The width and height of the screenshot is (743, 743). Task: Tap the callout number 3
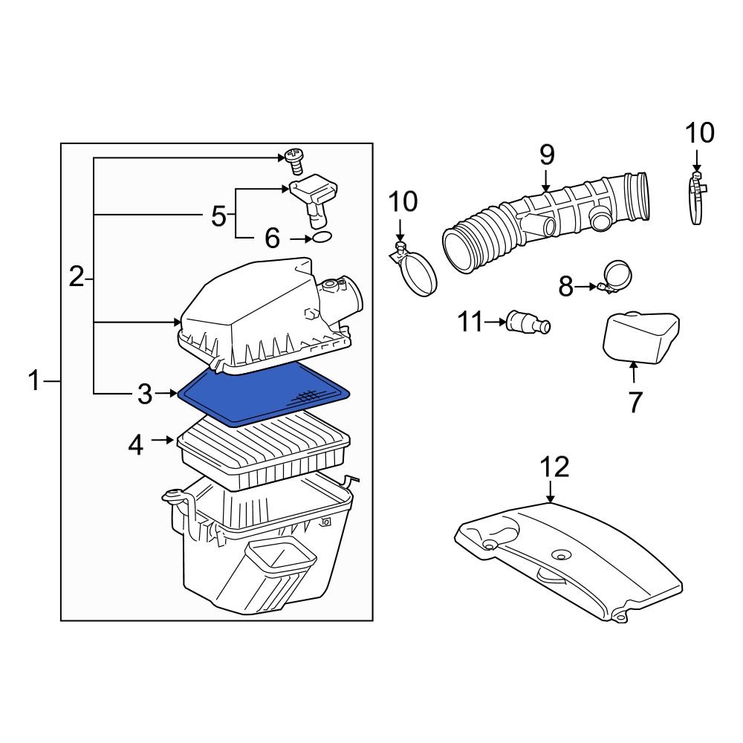(144, 395)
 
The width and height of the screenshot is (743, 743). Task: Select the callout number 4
(135, 444)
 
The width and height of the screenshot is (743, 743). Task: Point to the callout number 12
(554, 467)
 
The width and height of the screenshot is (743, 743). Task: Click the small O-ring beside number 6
(321, 238)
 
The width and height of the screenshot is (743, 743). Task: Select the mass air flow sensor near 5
(312, 197)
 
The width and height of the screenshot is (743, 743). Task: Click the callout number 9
(546, 155)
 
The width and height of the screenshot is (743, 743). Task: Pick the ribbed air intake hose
(546, 223)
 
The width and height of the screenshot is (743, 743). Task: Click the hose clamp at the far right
(696, 197)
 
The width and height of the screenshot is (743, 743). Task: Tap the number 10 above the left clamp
(403, 201)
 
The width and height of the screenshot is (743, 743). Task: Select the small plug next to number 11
(528, 323)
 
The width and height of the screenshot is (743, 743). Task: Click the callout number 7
(635, 402)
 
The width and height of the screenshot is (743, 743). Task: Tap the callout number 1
(33, 382)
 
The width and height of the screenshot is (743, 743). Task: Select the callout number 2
(76, 278)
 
